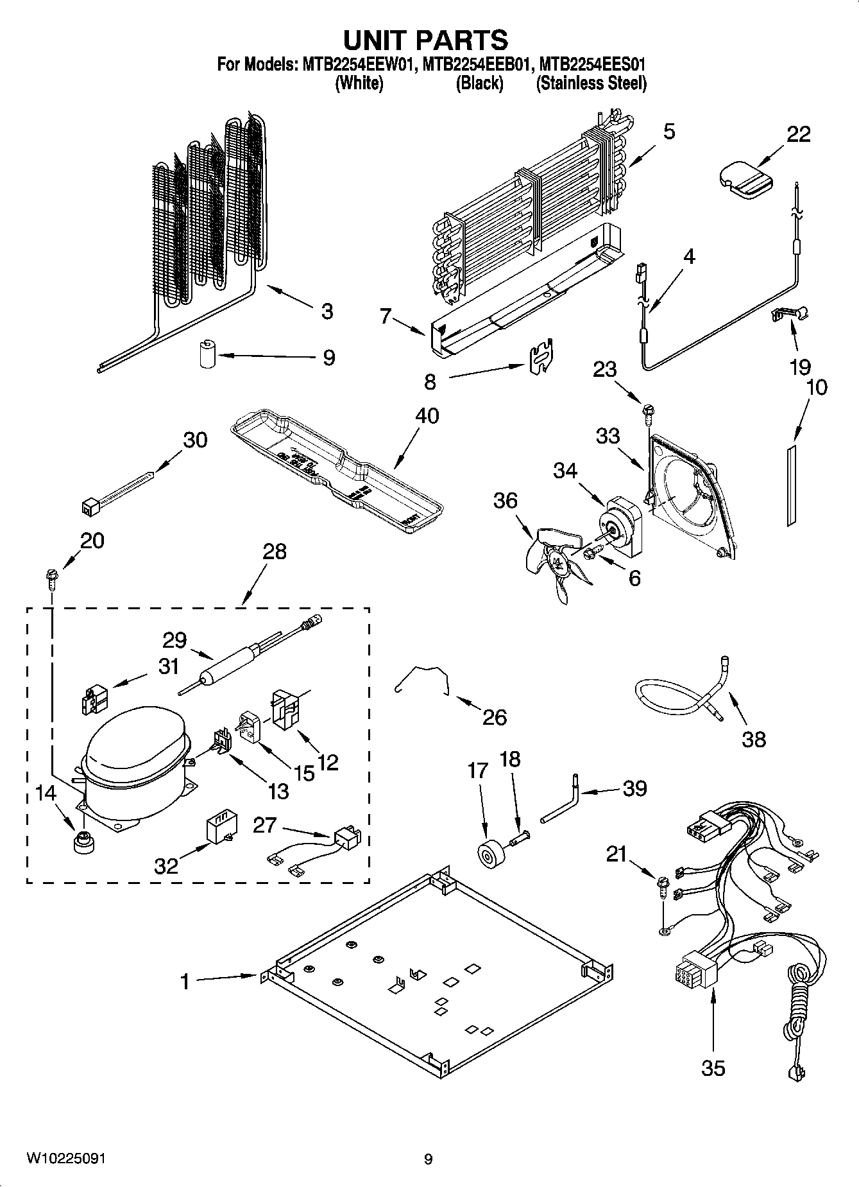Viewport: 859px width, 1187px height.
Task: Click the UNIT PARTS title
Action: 426,40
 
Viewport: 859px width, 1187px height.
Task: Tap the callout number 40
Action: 427,415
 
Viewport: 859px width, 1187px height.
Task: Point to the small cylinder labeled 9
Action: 207,355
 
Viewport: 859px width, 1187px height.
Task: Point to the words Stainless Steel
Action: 591,83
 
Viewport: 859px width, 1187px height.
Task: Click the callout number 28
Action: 275,551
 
